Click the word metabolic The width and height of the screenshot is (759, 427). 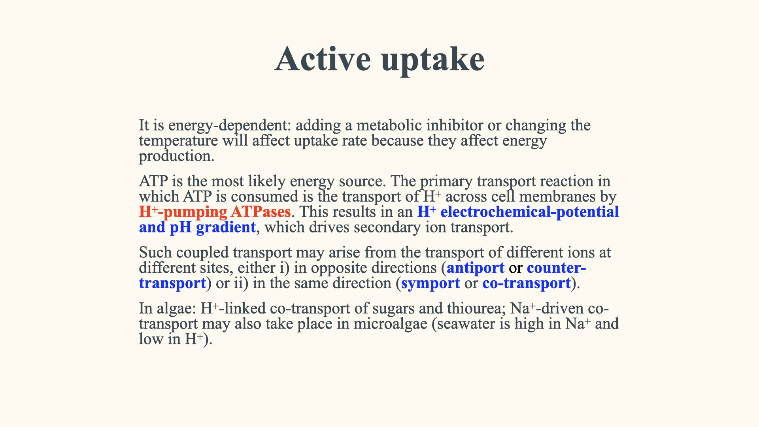(x=389, y=125)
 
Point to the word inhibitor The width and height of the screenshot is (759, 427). (x=455, y=125)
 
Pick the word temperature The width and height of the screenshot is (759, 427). (x=178, y=141)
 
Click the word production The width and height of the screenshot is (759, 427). (x=177, y=157)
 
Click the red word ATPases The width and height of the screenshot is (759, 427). (x=261, y=212)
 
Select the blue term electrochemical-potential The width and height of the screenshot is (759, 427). (x=530, y=212)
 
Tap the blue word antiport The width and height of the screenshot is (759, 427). (x=476, y=268)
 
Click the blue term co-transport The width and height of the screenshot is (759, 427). (x=527, y=283)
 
